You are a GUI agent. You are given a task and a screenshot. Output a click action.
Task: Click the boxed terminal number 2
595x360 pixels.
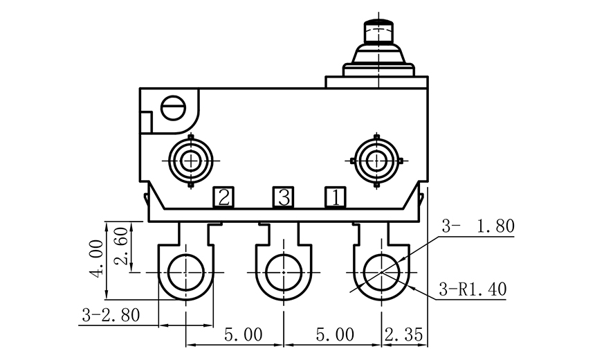click(x=223, y=197)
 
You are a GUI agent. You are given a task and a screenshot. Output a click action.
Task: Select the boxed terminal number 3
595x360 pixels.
click(x=282, y=197)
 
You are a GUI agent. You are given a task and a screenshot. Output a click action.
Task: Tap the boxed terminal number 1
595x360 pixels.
click(x=336, y=197)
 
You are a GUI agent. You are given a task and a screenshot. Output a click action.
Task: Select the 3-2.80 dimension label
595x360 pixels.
click(x=111, y=315)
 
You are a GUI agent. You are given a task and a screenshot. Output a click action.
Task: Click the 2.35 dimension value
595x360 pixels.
click(x=404, y=335)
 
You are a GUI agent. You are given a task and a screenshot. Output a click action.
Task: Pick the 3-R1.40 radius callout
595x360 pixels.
click(x=473, y=289)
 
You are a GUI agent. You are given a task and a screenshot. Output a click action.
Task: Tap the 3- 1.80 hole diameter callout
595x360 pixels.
click(x=478, y=226)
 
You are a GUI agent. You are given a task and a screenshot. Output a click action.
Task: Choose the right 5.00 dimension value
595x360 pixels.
click(x=335, y=335)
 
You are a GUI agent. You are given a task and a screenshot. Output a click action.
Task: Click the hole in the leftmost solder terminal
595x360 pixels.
click(x=186, y=272)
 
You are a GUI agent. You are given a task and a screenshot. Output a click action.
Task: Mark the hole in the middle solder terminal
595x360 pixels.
click(x=283, y=272)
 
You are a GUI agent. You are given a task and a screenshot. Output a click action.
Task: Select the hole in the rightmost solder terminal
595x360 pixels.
click(x=381, y=272)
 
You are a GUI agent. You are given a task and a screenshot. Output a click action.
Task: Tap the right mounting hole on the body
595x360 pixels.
click(x=376, y=161)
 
